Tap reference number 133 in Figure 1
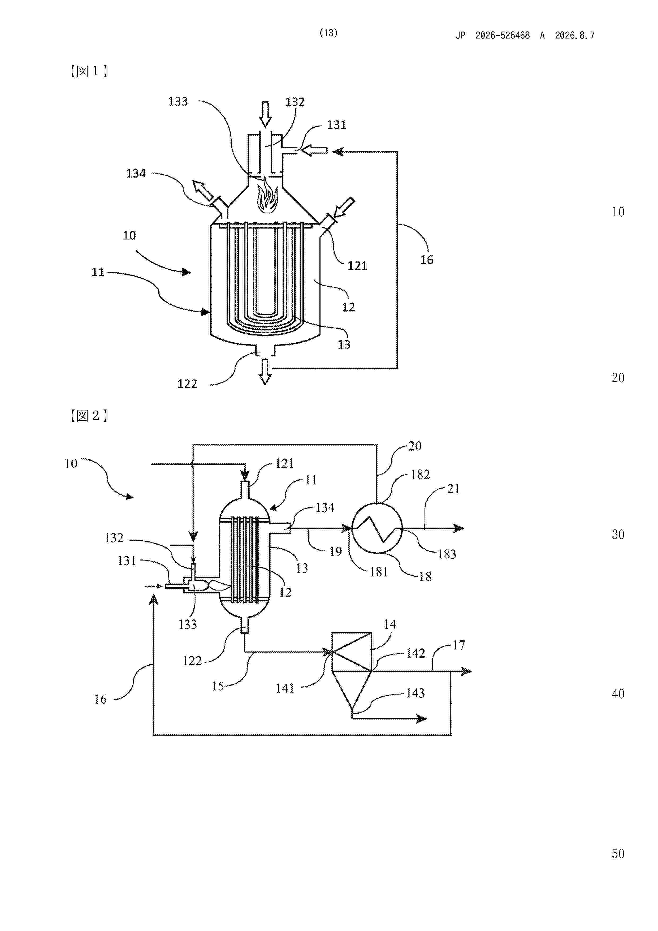[x=178, y=101]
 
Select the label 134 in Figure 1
[x=136, y=174]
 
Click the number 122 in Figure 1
[x=187, y=383]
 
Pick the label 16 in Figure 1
[x=426, y=260]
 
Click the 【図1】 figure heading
[x=88, y=71]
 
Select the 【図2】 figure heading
[x=88, y=416]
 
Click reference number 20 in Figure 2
[x=415, y=446]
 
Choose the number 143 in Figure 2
[x=415, y=693]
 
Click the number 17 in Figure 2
[x=458, y=645]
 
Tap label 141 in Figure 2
[x=285, y=688]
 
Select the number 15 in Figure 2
[x=218, y=686]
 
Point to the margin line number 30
[x=618, y=535]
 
